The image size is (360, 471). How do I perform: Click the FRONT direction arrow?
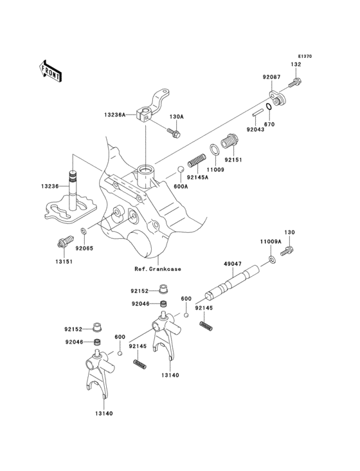click(x=51, y=70)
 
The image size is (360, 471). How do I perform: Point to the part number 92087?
click(x=271, y=78)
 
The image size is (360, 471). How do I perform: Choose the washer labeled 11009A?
click(x=273, y=259)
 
